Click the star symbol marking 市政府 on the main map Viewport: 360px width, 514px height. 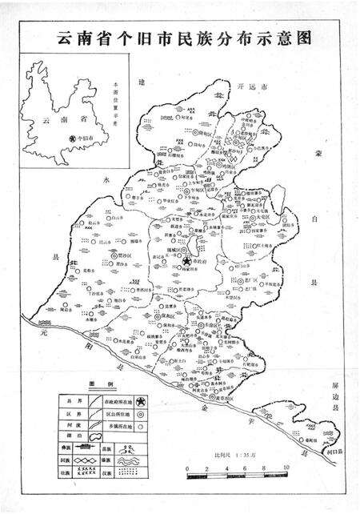coord(186,262)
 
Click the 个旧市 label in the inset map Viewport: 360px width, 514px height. coord(80,139)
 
